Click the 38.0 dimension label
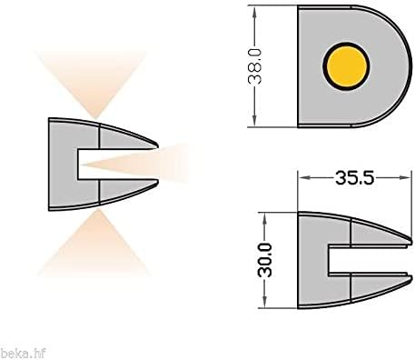coord(260,65)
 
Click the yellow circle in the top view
coord(346,65)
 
